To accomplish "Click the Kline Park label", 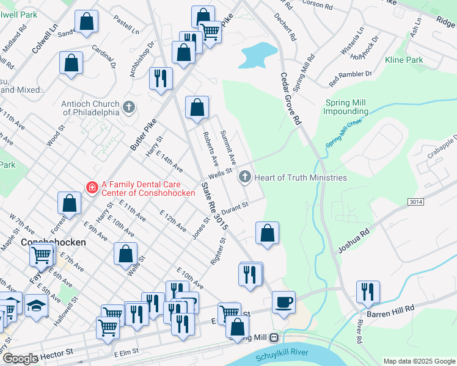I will (404, 60).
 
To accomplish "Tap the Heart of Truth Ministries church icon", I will (245, 178).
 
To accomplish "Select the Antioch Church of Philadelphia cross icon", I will (128, 107).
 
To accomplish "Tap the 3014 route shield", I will (414, 201).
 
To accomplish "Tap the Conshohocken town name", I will (53, 242).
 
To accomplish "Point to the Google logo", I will (20, 359).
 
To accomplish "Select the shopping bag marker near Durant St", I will (267, 233).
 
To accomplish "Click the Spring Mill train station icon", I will (274, 337).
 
